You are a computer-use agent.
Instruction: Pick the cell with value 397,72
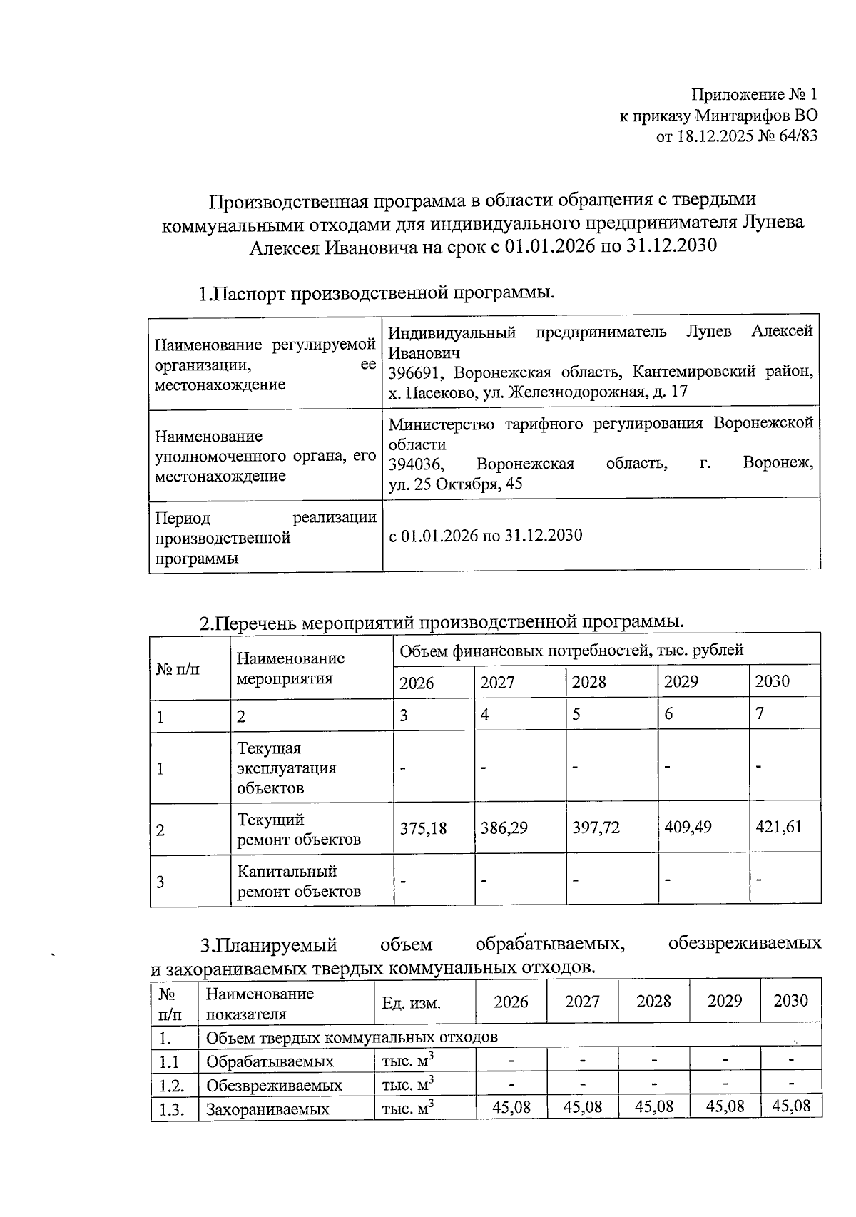coord(596,828)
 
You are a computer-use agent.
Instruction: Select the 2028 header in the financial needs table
coord(589,682)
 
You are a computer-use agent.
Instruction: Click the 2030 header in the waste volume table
coord(790,1001)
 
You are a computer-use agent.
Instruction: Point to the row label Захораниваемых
coord(267,1109)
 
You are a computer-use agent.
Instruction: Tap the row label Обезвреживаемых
coord(274,1086)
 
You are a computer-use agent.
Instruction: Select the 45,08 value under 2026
coord(511,1107)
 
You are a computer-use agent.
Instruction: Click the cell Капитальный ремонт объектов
coord(299,881)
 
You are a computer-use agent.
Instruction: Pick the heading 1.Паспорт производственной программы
coord(377,293)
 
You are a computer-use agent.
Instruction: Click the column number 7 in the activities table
coord(760,714)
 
